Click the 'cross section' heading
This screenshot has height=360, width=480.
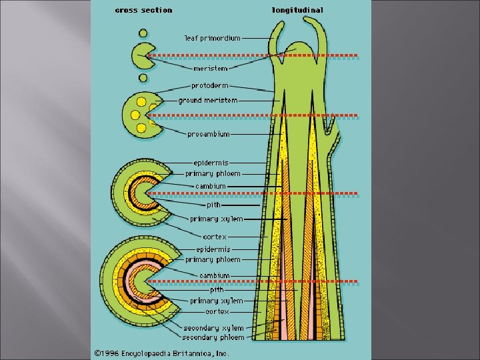pyautogui.click(x=143, y=10)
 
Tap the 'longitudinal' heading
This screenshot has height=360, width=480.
pyautogui.click(x=297, y=10)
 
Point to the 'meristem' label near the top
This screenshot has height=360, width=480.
pyautogui.click(x=211, y=68)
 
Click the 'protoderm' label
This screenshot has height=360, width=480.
pyautogui.click(x=209, y=85)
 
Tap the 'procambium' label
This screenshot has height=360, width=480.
pyautogui.click(x=209, y=134)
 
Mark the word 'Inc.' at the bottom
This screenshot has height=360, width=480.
pyautogui.click(x=221, y=353)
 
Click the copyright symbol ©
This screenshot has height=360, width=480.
pyautogui.click(x=98, y=353)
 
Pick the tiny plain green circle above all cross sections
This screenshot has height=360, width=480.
pyautogui.click(x=143, y=32)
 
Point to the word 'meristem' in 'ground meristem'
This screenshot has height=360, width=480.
pyautogui.click(x=222, y=101)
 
